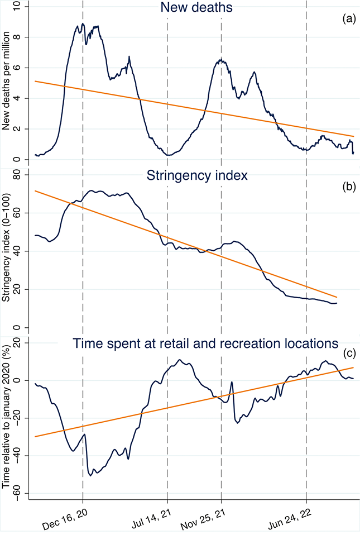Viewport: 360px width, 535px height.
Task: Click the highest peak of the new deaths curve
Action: tap(83, 24)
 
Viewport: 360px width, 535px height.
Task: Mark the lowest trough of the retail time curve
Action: tap(90, 475)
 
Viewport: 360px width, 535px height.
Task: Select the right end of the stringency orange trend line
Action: tap(337, 297)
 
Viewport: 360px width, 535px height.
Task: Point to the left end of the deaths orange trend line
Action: tap(35, 81)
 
